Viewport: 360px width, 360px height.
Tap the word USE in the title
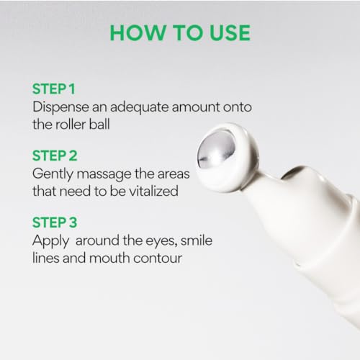[230, 32]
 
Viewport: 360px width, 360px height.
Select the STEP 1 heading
[54, 89]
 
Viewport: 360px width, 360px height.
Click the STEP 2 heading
[55, 156]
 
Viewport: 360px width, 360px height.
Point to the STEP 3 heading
[55, 222]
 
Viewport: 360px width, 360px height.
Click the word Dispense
[60, 107]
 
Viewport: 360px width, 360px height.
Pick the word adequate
[139, 107]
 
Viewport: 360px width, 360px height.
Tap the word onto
[238, 107]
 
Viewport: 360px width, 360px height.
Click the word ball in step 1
[99, 125]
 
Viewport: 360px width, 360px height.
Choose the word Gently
[53, 174]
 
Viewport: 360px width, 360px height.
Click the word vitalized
[153, 191]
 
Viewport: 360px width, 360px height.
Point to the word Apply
[50, 241]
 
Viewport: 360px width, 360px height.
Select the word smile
[197, 240]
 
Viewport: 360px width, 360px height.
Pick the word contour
[158, 258]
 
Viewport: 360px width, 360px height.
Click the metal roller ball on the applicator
[216, 149]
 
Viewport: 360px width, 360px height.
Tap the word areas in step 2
[174, 174]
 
